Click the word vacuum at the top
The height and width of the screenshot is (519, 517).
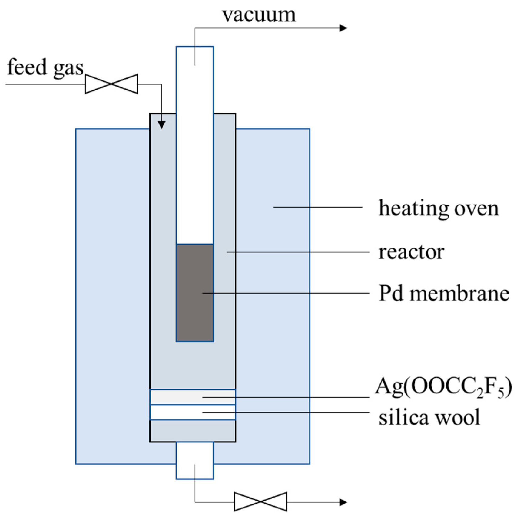[259, 15]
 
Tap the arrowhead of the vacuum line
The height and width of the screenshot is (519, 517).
[343, 28]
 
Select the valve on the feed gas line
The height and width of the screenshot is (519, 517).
[111, 84]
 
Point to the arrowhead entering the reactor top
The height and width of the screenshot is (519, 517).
[162, 125]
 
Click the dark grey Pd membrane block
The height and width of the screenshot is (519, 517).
[195, 293]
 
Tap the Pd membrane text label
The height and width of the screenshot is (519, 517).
[444, 294]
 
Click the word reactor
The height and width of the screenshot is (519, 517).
[411, 252]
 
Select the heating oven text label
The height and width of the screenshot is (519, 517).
[438, 208]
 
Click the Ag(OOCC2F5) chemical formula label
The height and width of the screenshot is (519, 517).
[443, 387]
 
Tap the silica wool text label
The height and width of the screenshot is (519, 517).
[429, 417]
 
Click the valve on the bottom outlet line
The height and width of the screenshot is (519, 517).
[260, 502]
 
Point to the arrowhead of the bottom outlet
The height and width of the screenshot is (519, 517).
[343, 502]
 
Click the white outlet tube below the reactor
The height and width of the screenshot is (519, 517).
[195, 460]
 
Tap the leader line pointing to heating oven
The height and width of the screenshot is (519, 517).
[318, 207]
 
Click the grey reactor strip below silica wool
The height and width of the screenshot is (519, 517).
[193, 431]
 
